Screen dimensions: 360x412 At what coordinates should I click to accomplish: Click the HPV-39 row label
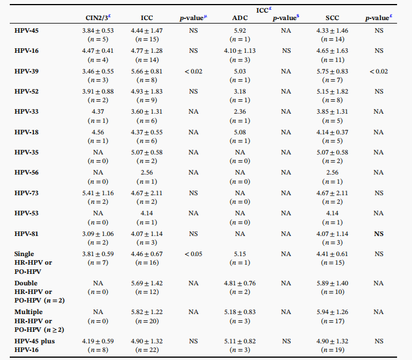coord(26,71)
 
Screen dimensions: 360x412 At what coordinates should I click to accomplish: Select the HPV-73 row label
coord(26,193)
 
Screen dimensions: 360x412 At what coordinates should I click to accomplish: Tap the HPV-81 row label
coord(26,234)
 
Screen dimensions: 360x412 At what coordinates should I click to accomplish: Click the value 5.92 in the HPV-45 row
coord(240,30)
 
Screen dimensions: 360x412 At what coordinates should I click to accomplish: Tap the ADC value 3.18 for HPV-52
coord(240,91)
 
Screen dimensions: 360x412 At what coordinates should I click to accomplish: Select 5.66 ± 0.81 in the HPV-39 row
coord(147,71)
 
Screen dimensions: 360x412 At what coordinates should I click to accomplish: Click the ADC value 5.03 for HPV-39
coord(240,71)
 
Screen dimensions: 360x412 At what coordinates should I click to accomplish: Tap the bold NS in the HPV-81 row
coord(378,234)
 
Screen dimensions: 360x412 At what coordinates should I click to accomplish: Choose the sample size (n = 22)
coord(147,350)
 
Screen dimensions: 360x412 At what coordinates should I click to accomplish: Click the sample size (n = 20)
coord(147,321)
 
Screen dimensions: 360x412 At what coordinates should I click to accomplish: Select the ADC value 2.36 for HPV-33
coord(240,112)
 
